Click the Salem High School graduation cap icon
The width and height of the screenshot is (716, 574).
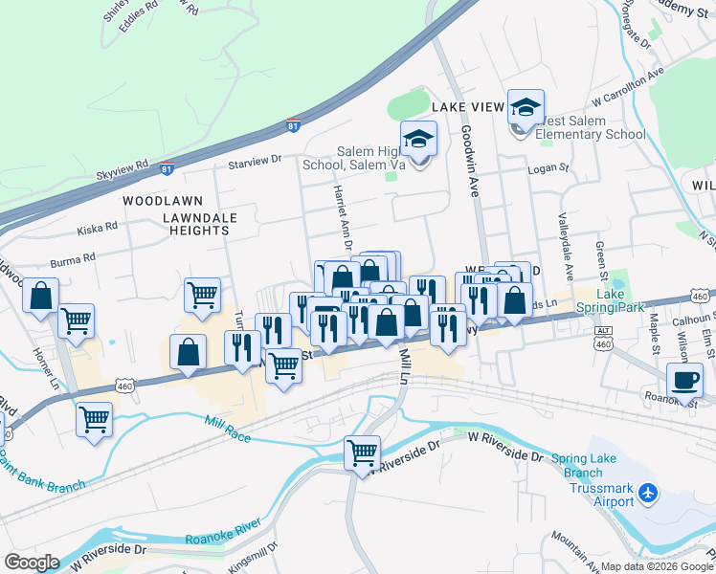click(x=418, y=141)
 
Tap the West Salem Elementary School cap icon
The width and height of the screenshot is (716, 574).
click(x=526, y=109)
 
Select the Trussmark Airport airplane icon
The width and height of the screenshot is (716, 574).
click(x=649, y=493)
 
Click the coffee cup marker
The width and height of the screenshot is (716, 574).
click(x=684, y=381)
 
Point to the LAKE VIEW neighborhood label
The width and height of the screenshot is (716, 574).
click(x=467, y=107)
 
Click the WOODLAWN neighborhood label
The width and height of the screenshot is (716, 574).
click(x=159, y=202)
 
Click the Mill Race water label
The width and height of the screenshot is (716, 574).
click(x=227, y=422)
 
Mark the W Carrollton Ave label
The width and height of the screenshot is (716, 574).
click(x=628, y=86)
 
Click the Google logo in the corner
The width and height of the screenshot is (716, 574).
click(x=32, y=562)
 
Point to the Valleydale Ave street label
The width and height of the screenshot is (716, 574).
click(x=565, y=233)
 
